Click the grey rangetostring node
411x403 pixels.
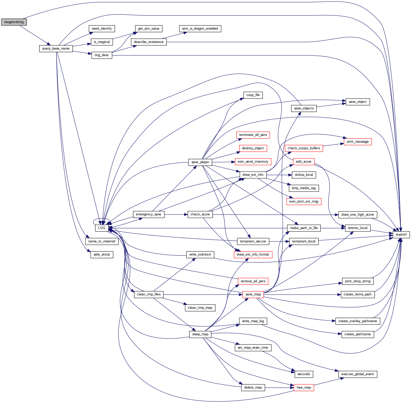(14, 22)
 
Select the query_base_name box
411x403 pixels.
(56, 49)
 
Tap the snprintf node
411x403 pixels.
(401, 235)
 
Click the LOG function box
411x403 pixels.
(102, 228)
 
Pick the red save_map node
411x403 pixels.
(253, 294)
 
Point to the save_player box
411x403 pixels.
(200, 162)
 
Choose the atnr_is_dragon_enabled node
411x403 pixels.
(200, 29)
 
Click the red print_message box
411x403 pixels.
(357, 142)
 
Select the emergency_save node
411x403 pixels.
(149, 214)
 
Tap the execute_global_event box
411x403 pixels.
(357, 374)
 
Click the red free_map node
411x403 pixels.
(304, 388)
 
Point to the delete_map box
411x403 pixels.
(253, 388)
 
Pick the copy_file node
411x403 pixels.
(253, 95)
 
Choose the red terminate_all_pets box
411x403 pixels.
(253, 135)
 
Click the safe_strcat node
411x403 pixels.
(102, 254)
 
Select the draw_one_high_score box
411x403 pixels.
(357, 215)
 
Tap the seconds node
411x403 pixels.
(304, 374)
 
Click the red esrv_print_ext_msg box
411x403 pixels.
(304, 201)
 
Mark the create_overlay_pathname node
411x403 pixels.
(357, 321)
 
